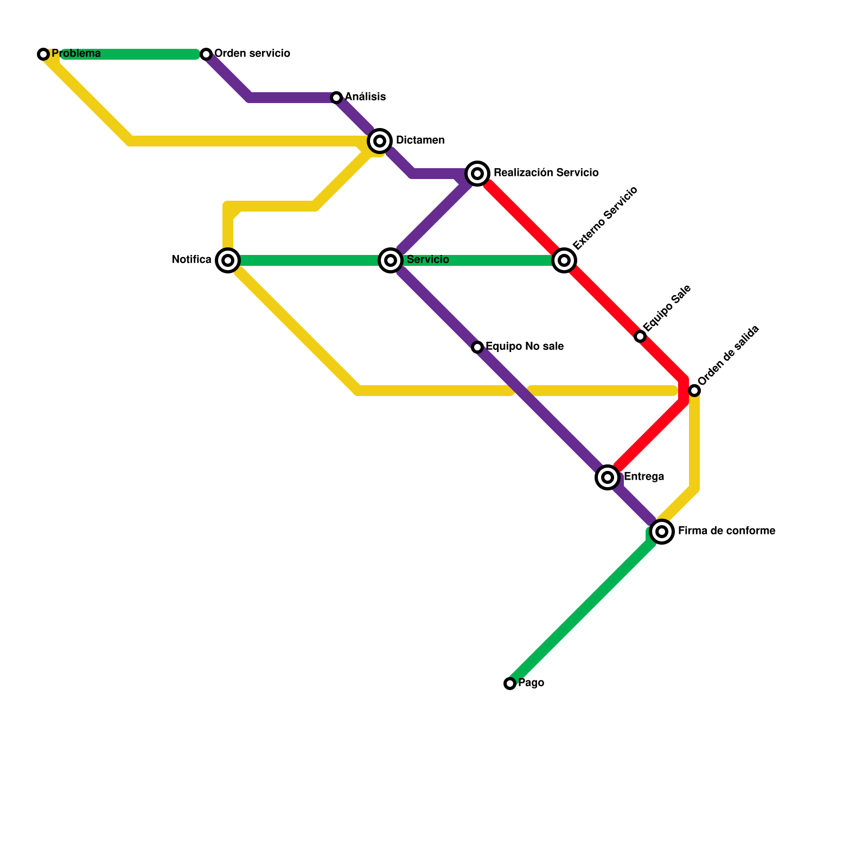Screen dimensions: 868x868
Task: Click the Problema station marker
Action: tap(43, 54)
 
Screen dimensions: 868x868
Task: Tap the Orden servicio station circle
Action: tap(206, 54)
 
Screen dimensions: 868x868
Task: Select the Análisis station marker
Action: tap(336, 98)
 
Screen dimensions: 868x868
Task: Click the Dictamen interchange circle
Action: tap(380, 141)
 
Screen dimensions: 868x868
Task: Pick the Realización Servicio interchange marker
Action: tap(477, 174)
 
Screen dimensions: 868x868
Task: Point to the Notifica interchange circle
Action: tap(228, 260)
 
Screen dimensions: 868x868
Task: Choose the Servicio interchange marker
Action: tap(391, 260)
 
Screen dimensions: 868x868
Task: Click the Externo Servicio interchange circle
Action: tap(564, 260)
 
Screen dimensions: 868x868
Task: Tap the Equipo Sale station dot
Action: tap(640, 336)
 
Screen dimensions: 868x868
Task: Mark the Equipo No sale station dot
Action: tap(477, 347)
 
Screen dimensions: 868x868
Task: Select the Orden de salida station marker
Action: tap(694, 391)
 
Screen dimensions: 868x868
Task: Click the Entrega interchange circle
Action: tap(608, 477)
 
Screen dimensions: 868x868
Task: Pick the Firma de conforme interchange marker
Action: tap(662, 532)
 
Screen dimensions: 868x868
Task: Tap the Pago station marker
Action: tap(510, 684)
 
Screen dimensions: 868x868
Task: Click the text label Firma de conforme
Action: tap(726, 531)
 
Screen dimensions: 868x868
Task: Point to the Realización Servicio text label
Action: tap(546, 173)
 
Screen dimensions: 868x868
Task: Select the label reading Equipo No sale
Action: tap(524, 347)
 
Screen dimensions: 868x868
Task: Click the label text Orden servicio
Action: tap(252, 54)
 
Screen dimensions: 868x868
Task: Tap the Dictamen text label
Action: tap(420, 141)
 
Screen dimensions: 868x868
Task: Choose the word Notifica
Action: tap(191, 260)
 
